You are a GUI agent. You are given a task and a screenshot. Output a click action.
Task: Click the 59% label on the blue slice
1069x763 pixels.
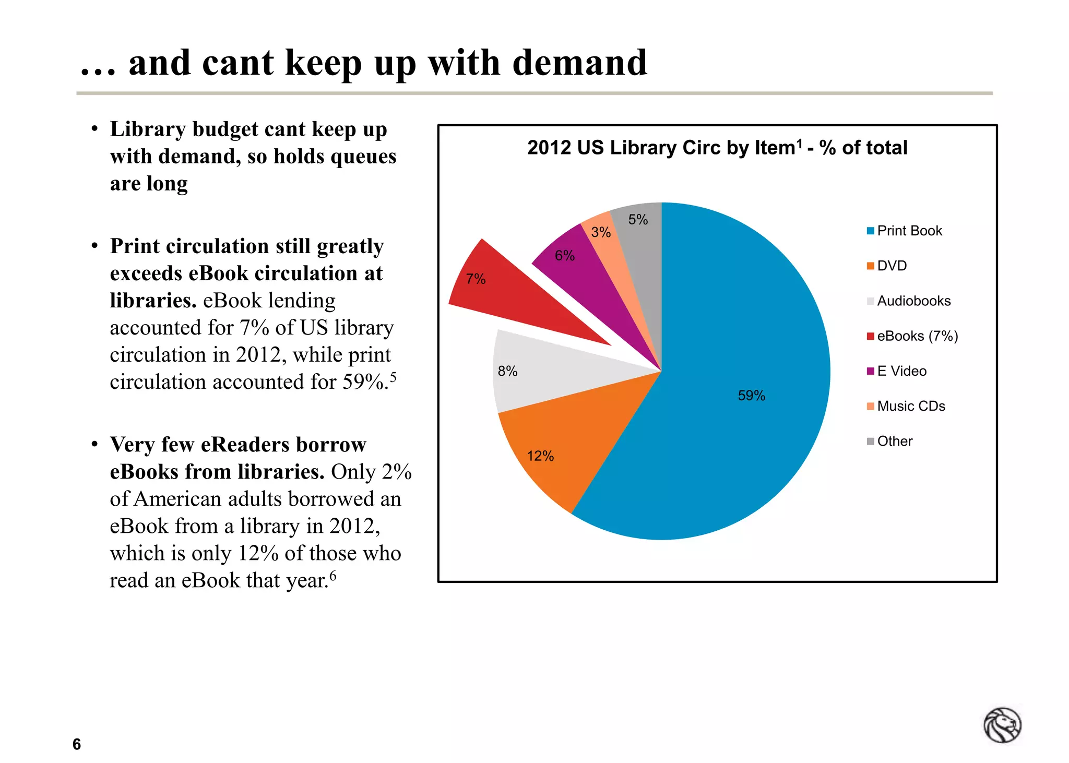[x=751, y=396]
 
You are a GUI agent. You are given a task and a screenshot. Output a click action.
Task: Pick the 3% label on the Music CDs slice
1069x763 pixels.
[x=601, y=232]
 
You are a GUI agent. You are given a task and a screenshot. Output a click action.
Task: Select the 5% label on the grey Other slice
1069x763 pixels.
[x=638, y=220]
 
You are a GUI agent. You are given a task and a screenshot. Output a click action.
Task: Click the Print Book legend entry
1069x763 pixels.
[x=909, y=231]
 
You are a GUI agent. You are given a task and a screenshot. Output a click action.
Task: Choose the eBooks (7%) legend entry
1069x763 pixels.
[x=917, y=336]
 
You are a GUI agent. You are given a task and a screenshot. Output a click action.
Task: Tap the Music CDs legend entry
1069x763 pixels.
[x=911, y=406]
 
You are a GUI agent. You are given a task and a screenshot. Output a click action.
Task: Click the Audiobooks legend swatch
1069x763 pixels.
[x=870, y=301]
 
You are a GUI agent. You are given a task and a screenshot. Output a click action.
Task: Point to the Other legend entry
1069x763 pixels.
[x=894, y=441]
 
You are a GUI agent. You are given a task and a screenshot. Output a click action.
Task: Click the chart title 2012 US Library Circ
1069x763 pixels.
[x=717, y=148]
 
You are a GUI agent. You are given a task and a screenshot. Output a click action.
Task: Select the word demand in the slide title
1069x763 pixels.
[x=579, y=63]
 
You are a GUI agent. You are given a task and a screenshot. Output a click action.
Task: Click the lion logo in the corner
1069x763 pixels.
[x=1002, y=725]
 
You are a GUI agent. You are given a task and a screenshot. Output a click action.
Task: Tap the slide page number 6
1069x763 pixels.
[x=77, y=744]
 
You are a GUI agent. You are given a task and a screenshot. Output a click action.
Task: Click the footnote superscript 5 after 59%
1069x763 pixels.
[x=393, y=376]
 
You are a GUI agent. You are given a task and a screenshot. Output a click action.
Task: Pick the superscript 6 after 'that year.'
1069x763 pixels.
[x=333, y=575]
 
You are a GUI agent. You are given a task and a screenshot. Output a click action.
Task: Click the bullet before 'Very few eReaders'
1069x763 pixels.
[x=94, y=444]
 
